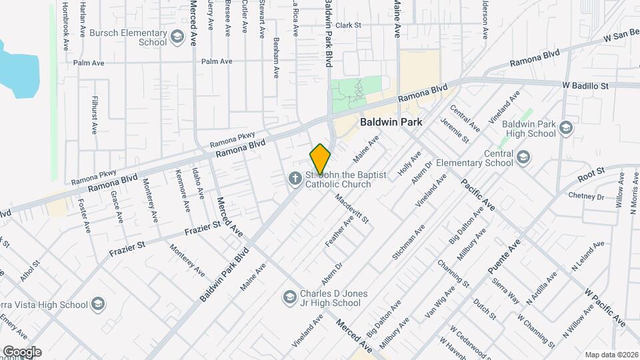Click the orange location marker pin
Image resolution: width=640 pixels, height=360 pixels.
(320, 159)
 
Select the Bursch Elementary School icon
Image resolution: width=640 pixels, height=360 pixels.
(177, 38)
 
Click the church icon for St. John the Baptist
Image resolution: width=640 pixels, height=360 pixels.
(294, 179)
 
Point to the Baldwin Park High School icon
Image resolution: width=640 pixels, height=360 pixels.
(566, 128)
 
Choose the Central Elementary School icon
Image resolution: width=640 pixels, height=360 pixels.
(523, 157)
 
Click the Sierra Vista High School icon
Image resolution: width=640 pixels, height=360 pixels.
(98, 305)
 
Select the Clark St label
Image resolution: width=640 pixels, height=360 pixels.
(348, 25)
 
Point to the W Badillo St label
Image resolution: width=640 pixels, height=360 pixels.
(585, 86)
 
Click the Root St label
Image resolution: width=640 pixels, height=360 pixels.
(591, 175)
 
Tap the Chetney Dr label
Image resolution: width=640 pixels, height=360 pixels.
(585, 197)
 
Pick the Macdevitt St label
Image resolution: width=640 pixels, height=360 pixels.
(351, 208)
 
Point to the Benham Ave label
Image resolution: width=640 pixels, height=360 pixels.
(275, 58)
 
